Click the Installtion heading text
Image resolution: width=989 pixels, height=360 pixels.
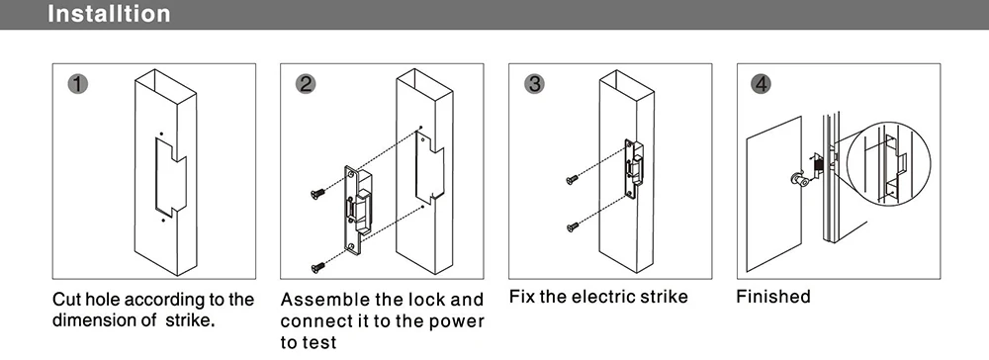tap(109, 13)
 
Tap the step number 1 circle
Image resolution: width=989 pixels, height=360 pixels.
tap(77, 84)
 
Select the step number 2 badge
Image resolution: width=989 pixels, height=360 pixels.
tap(306, 84)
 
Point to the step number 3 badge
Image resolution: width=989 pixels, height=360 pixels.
tap(534, 84)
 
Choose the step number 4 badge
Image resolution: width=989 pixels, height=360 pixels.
tap(762, 84)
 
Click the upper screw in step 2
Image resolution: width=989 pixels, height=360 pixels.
tap(317, 194)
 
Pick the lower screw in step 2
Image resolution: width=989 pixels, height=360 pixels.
tap(317, 268)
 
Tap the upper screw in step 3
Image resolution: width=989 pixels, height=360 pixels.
tap(572, 180)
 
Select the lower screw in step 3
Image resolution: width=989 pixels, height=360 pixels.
tap(572, 226)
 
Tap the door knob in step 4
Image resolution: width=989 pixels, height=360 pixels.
tap(798, 179)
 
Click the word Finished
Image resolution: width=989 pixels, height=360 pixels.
tap(772, 296)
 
